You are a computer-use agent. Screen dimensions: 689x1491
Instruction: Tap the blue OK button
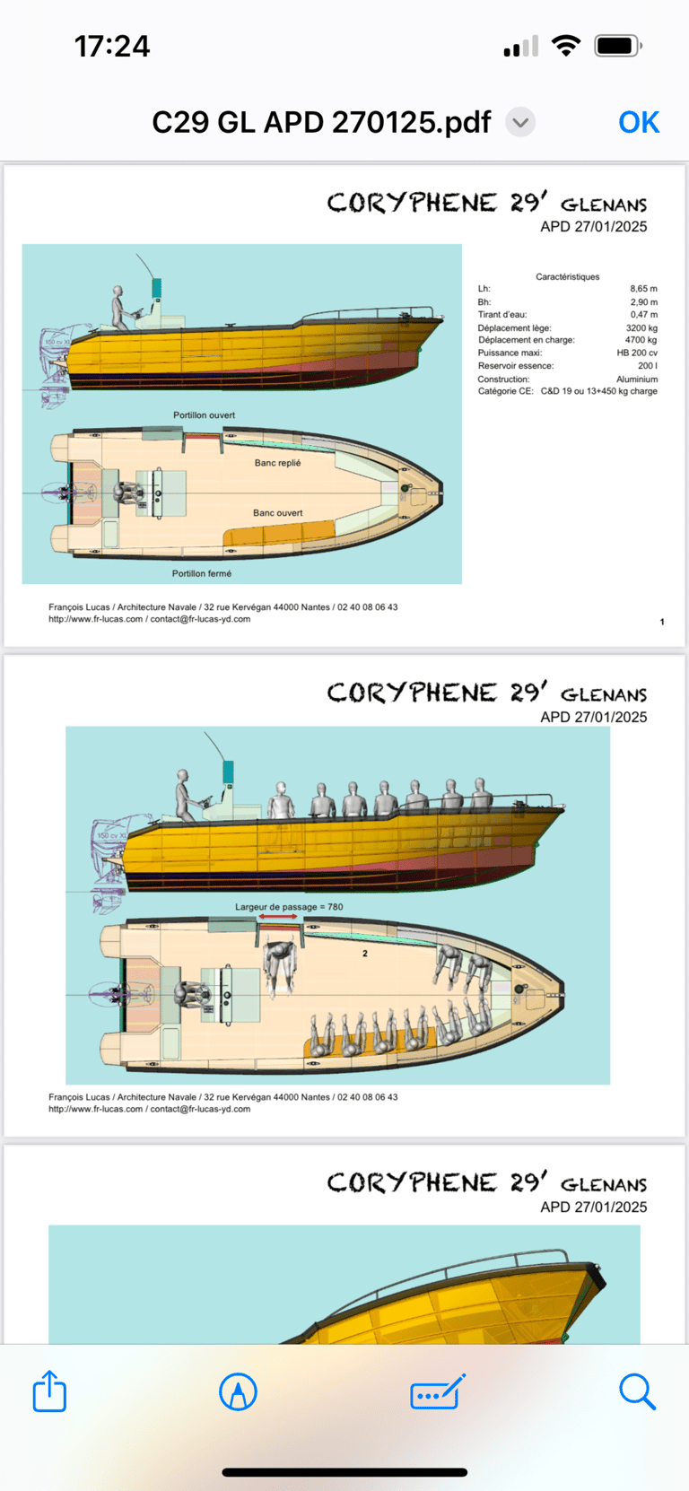tap(639, 122)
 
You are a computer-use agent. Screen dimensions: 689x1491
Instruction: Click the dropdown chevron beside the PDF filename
tap(520, 122)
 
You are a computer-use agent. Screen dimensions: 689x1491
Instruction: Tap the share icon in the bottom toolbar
tap(49, 1391)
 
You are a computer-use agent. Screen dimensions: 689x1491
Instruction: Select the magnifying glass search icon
tap(637, 1391)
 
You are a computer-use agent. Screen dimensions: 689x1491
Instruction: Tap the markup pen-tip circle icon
tap(238, 1391)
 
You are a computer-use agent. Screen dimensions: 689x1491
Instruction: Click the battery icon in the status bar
tap(617, 46)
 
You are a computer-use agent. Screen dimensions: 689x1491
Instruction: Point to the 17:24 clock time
tap(112, 46)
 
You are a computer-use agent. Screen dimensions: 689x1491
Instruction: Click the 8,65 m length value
tap(643, 289)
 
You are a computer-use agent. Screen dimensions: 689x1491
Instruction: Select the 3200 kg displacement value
tap(641, 328)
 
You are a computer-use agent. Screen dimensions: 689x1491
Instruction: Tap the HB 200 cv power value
tap(637, 353)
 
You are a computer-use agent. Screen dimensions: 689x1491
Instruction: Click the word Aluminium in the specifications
tap(637, 379)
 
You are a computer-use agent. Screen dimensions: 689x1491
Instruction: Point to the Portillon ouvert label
tap(204, 415)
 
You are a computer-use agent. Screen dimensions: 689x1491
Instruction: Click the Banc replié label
tap(277, 463)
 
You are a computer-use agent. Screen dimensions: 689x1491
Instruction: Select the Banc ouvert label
tap(277, 513)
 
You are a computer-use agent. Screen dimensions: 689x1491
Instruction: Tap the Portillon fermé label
tap(202, 573)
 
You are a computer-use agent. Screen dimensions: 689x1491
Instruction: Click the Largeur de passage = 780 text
tap(289, 907)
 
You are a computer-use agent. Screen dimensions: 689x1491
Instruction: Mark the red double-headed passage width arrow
tap(278, 917)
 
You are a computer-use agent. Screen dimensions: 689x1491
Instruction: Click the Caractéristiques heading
tap(567, 276)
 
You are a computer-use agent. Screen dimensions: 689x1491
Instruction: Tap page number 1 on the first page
tap(662, 622)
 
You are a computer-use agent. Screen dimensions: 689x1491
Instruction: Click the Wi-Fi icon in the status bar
tap(565, 46)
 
